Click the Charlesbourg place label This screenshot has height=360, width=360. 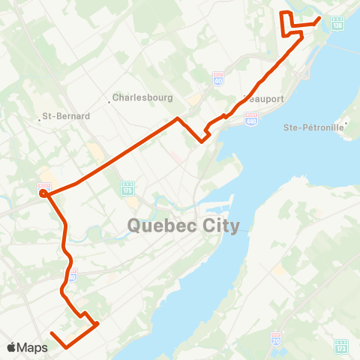point(143,97)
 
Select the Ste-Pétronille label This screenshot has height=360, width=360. point(313,127)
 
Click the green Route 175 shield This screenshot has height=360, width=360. point(127,187)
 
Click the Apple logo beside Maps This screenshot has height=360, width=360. point(12,347)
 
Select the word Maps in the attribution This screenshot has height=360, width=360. point(33,347)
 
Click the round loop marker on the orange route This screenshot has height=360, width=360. point(44,193)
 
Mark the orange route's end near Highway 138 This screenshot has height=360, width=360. point(319,18)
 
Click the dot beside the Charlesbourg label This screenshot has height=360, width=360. point(109,102)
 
